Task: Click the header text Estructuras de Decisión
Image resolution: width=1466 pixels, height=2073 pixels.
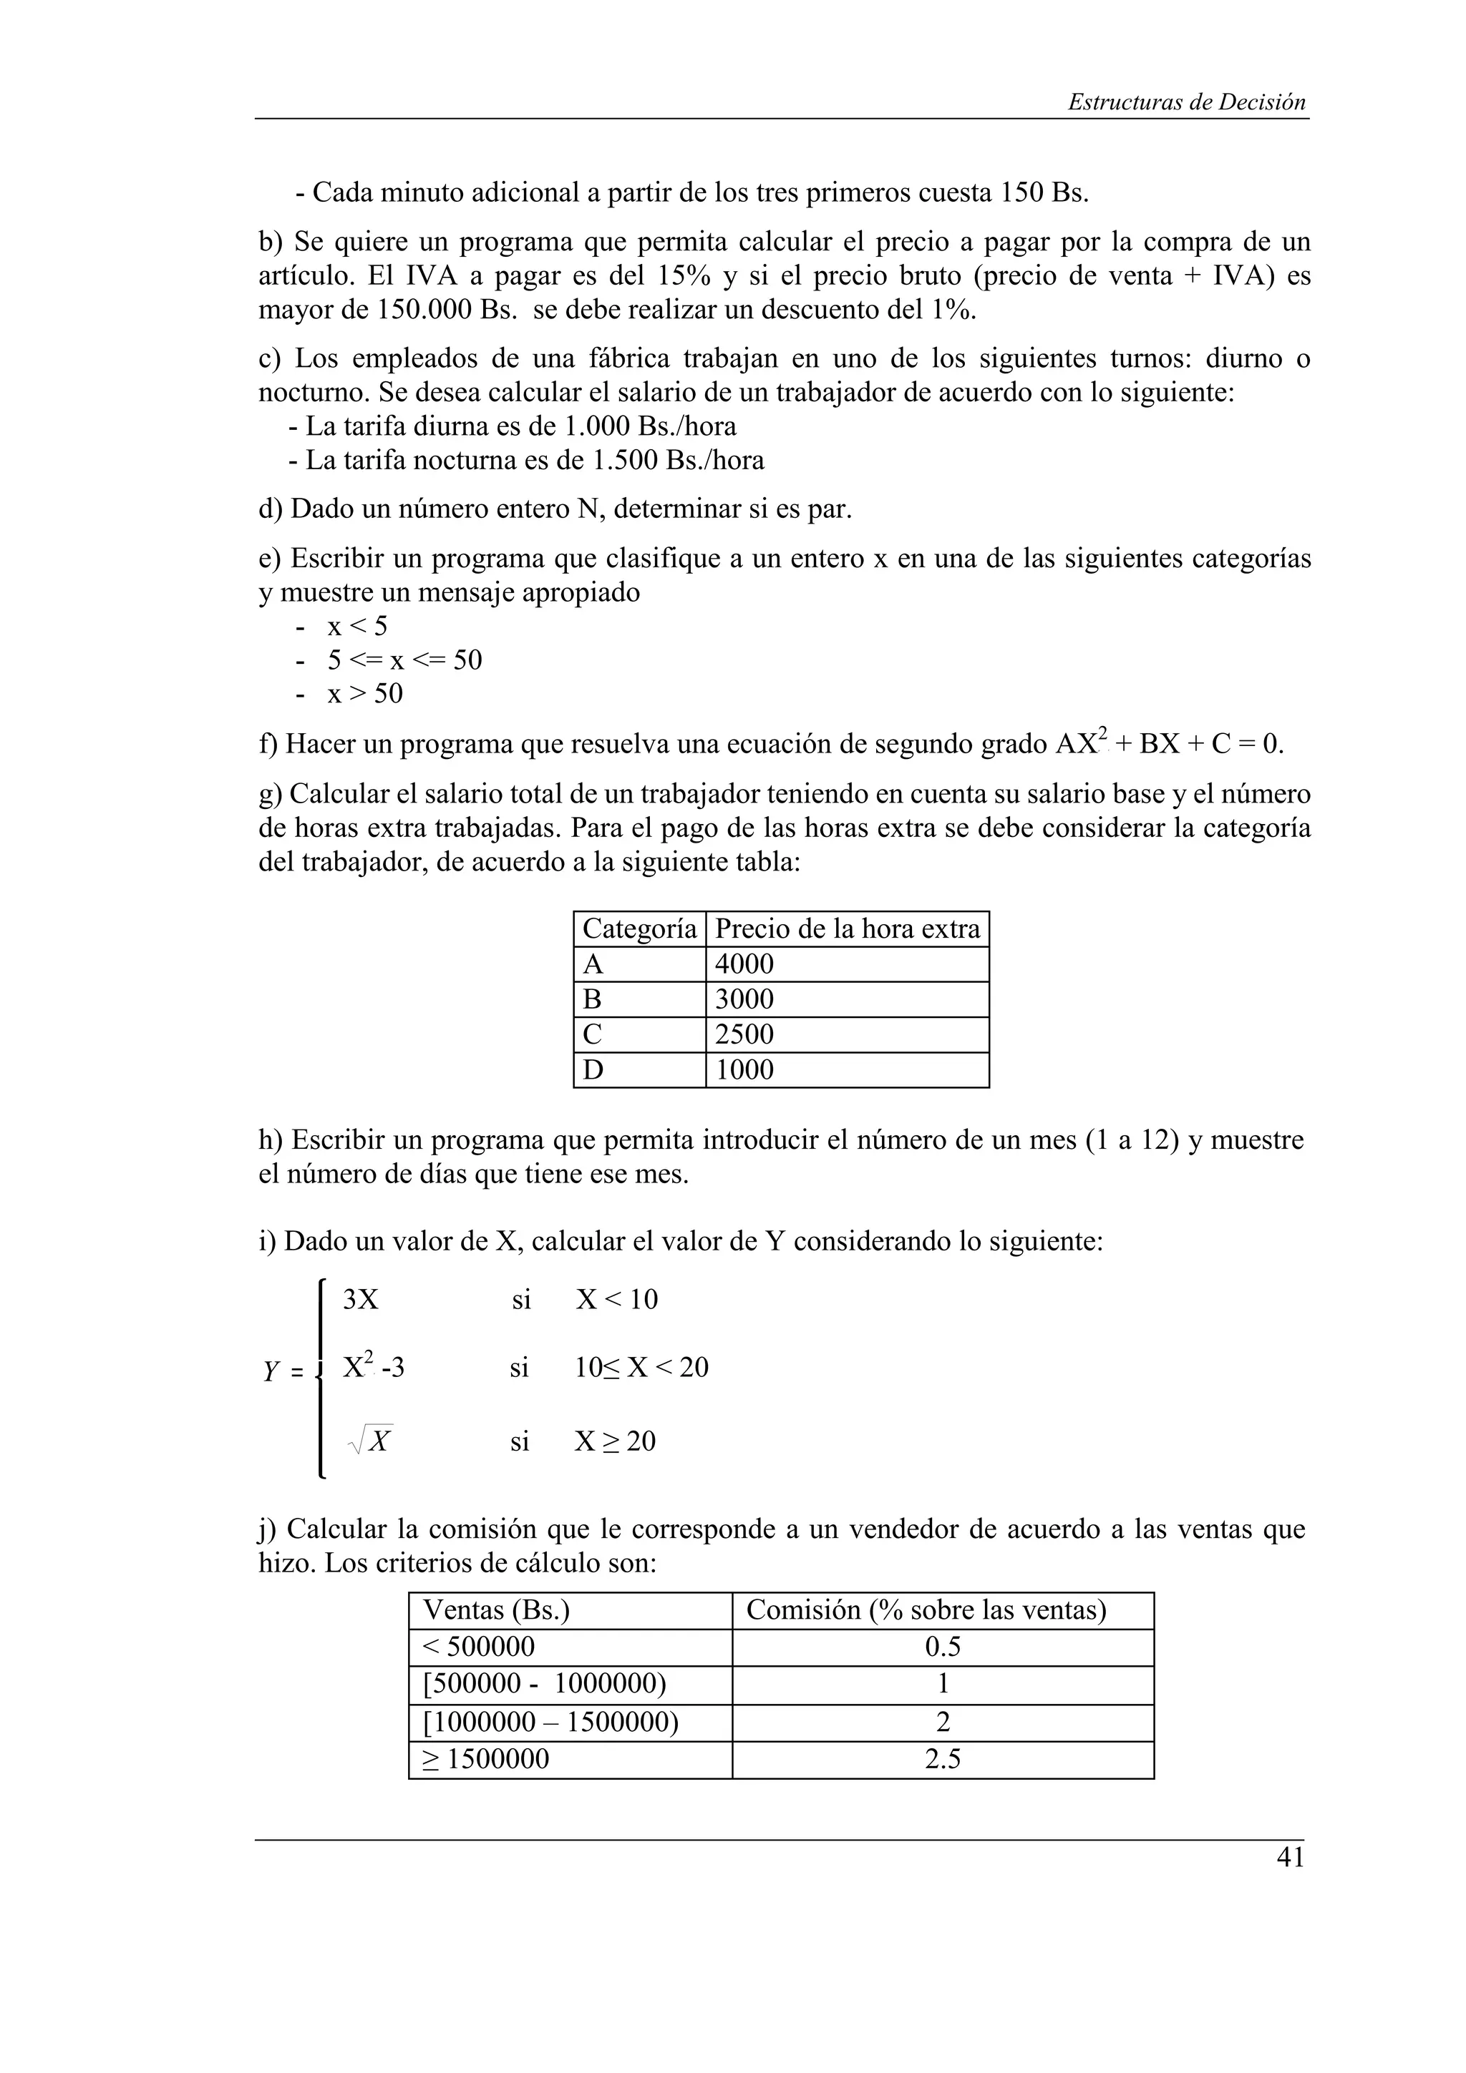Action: point(1186,102)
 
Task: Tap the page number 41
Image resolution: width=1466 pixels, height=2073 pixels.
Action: point(1290,1857)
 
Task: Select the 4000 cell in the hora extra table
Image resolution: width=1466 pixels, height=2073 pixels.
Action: point(744,964)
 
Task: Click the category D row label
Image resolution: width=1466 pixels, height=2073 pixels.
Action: point(593,1070)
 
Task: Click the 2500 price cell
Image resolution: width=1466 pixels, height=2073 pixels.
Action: point(744,1034)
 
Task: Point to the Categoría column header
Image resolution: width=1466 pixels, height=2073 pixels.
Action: point(639,929)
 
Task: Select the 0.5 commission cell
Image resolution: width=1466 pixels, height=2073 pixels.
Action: point(942,1647)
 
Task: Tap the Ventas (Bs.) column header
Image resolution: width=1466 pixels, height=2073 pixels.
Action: point(496,1609)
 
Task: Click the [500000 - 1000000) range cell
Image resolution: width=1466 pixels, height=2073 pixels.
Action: point(545,1684)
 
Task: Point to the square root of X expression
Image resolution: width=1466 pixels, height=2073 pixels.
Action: point(370,1441)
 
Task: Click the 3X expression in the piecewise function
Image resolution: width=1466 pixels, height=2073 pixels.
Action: point(360,1299)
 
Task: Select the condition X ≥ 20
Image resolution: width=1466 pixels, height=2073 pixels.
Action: point(615,1441)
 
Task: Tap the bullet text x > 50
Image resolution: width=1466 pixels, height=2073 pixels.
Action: point(365,693)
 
